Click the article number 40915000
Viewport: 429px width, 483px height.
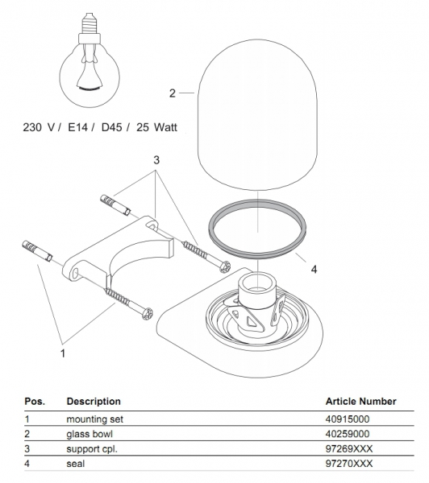348,419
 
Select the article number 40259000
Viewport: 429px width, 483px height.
348,434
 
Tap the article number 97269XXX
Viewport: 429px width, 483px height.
348,449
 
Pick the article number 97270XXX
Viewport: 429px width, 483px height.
348,464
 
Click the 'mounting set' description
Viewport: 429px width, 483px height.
94,419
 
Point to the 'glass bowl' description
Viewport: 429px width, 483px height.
90,434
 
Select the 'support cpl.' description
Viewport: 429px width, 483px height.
92,449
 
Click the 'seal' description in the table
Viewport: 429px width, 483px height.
75,464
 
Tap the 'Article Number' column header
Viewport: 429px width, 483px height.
360,401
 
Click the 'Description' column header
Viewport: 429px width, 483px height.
94,402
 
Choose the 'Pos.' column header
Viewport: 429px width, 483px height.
35,402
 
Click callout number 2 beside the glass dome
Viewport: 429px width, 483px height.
173,93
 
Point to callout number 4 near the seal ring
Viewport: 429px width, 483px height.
314,270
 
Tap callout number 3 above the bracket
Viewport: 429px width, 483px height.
156,160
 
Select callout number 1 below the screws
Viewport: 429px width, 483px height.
63,353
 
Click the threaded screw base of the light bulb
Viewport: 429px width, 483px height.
90,23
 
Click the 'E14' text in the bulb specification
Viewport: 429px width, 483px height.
77,127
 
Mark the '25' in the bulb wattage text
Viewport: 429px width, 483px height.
143,127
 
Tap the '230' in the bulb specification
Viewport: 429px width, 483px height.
33,127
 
